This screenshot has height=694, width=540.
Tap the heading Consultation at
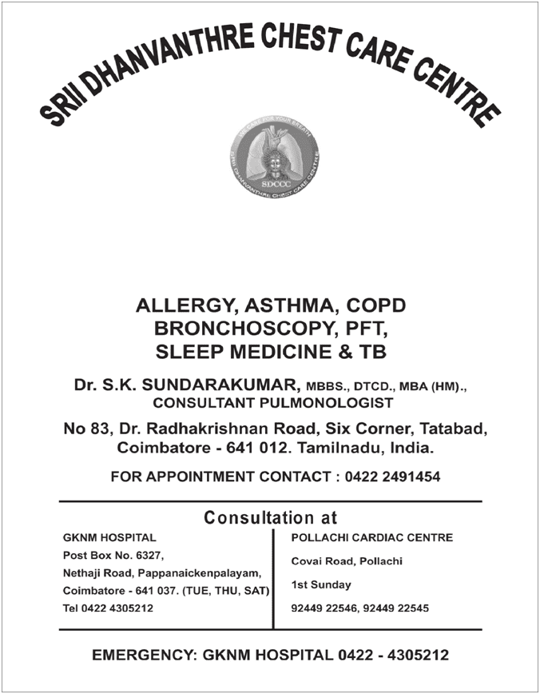(271, 517)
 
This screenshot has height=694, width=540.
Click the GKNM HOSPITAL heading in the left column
(109, 538)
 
